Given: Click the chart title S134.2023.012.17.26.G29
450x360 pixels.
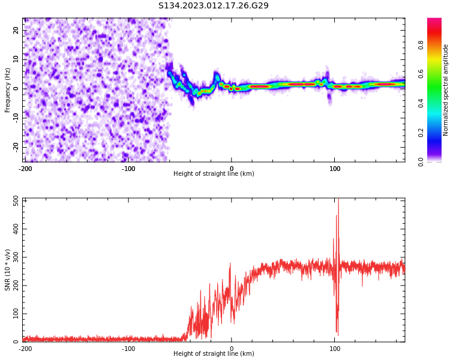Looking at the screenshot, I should [x=214, y=5].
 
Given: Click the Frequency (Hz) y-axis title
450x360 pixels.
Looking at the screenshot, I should [x=8, y=90].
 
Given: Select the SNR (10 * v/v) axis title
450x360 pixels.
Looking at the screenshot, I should [x=8, y=270].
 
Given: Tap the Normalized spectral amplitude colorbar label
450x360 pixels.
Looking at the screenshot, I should [x=446, y=90].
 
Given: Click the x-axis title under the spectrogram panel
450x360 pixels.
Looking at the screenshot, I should [x=214, y=174].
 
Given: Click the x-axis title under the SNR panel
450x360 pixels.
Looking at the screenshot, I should [x=214, y=354].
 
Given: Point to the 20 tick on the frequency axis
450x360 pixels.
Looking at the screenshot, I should [x=16, y=30].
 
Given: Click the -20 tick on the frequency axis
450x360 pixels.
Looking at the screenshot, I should [x=15, y=146].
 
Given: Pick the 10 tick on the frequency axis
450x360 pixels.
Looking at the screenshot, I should [x=16, y=59].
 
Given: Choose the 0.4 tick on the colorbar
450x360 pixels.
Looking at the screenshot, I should [x=421, y=103].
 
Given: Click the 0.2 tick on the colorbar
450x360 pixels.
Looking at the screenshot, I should [x=421, y=133].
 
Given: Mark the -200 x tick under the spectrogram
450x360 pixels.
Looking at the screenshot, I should [x=25, y=169].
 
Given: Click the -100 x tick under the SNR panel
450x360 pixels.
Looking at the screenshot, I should [x=128, y=349].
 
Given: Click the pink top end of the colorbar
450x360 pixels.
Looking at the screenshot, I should [x=434, y=22].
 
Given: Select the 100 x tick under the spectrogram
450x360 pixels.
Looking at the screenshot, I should [x=335, y=169].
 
